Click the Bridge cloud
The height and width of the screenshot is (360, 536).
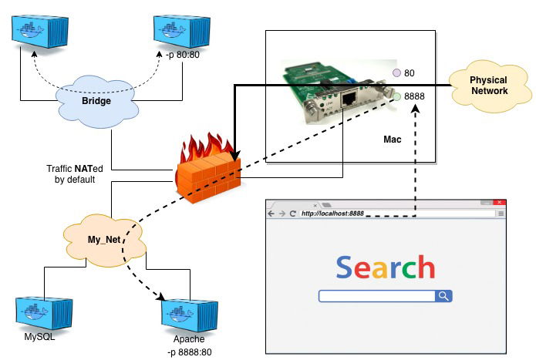click(97, 102)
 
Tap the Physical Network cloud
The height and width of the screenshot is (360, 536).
click(488, 86)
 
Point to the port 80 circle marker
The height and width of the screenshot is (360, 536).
click(396, 72)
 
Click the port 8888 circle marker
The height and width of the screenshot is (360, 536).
click(396, 97)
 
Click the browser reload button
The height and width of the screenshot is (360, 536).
click(293, 214)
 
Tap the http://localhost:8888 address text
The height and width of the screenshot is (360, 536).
click(332, 214)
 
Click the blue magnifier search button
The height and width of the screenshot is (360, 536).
click(443, 296)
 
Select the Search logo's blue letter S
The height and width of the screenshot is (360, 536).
click(344, 267)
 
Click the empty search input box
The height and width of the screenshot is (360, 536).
click(377, 296)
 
